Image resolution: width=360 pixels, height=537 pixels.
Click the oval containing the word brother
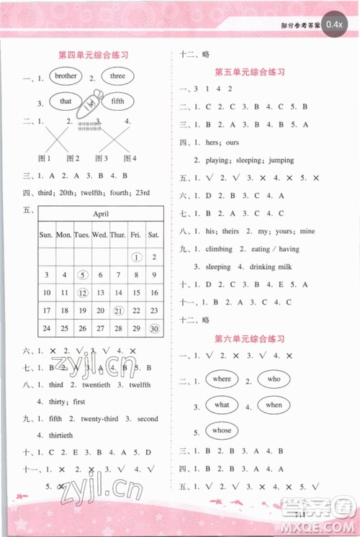[66, 76]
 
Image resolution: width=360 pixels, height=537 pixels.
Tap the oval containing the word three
[117, 76]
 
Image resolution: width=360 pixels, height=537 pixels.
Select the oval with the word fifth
[117, 101]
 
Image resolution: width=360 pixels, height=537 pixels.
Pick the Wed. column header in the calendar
[100, 235]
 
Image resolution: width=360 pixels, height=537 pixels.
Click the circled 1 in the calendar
[135, 257]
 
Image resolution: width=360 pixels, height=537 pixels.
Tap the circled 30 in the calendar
[153, 328]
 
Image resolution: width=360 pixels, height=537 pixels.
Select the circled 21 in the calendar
[118, 310]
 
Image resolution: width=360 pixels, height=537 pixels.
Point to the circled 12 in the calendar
[83, 293]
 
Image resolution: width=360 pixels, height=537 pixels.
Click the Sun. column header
[46, 235]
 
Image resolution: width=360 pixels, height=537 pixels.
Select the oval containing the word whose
[222, 430]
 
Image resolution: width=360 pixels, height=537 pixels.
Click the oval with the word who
[274, 379]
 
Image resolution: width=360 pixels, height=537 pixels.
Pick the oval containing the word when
[274, 405]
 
